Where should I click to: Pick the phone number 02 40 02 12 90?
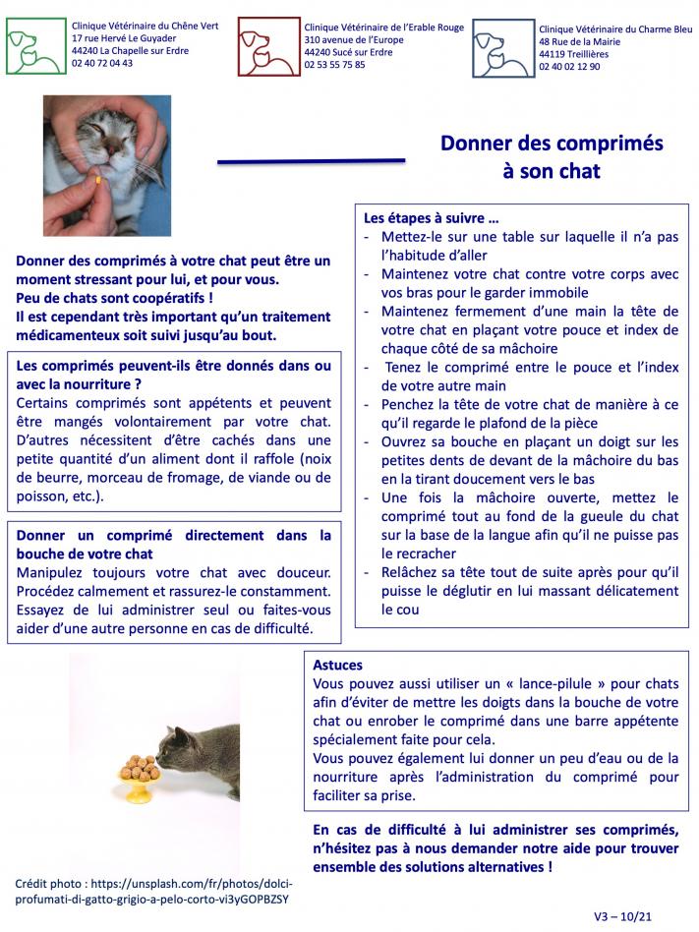569,67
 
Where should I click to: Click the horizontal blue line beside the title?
311,160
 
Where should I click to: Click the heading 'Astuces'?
337,665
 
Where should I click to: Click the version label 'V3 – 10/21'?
622,915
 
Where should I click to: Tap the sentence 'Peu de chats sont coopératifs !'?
115,296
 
